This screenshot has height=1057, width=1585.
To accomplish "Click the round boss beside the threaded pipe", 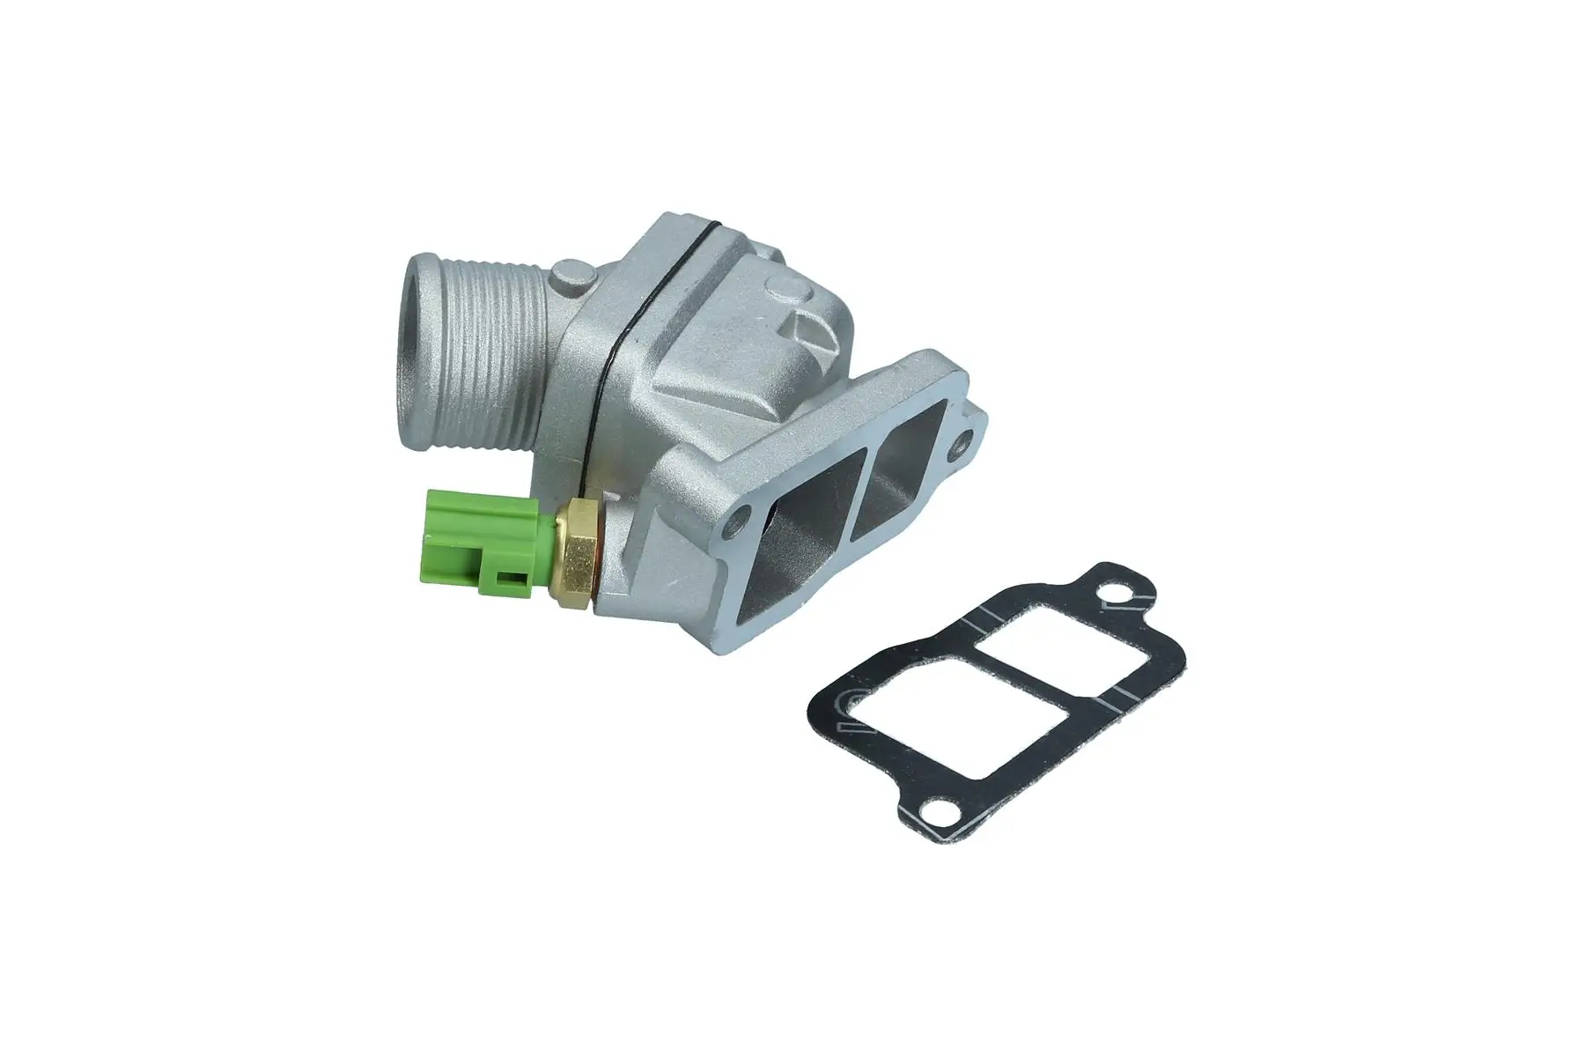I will (x=568, y=279).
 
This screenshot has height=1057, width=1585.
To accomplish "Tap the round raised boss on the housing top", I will (x=788, y=288).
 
